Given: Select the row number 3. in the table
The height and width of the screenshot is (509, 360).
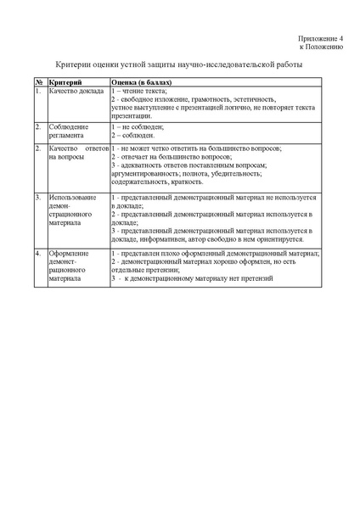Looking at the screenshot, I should click(38, 197).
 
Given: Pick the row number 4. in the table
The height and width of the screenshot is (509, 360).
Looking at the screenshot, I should click(38, 254).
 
